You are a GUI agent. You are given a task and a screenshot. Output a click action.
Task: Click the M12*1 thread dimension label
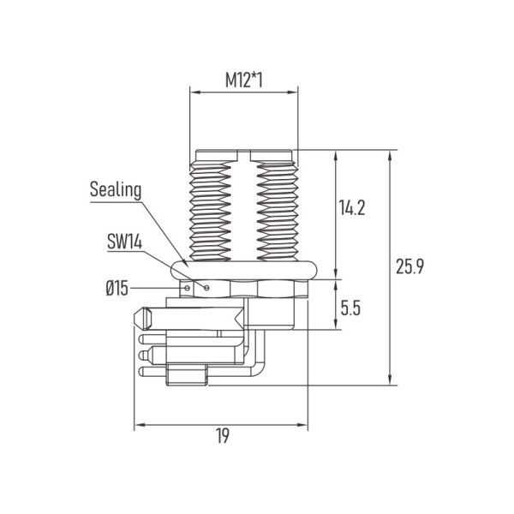coord(244,81)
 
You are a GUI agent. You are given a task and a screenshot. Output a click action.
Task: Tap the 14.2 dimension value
coord(351,207)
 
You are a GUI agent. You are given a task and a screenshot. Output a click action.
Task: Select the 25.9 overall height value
coord(409,266)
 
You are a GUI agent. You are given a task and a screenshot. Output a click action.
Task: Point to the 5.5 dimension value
coord(350,308)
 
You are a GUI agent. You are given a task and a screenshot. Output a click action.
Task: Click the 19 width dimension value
coord(223,436)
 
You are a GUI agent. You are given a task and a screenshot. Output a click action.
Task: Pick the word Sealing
coord(116,190)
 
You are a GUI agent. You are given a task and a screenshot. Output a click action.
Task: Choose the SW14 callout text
coord(125,242)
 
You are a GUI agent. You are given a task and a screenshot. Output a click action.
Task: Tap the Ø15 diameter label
coord(117,289)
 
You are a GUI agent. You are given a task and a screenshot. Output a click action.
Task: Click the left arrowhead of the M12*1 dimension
coord(195,93)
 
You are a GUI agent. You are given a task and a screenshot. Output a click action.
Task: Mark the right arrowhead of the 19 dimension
coord(303,425)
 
